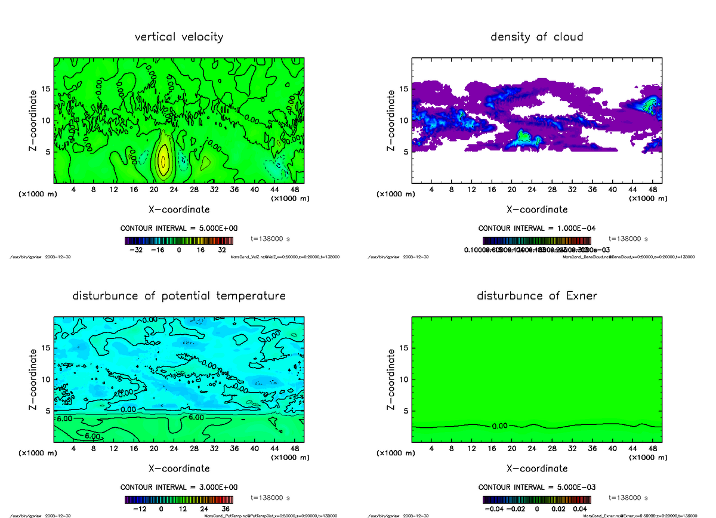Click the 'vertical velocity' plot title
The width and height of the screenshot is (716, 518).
tap(179, 37)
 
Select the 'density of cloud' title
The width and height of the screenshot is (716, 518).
tap(536, 37)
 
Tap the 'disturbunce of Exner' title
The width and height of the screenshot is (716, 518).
tap(536, 296)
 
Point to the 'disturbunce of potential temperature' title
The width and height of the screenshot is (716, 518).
tap(179, 296)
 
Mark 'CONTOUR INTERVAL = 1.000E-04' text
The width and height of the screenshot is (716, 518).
tap(536, 229)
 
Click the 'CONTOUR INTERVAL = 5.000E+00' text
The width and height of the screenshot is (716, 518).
tap(179, 229)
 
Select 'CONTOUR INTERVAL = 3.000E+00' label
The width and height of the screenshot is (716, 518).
tap(179, 487)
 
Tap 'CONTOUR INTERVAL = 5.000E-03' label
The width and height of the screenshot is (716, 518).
tap(536, 487)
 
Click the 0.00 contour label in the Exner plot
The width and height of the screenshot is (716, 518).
tap(499, 426)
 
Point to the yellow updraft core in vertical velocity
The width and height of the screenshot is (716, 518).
tap(162, 161)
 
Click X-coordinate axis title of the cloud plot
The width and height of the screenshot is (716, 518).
tap(537, 209)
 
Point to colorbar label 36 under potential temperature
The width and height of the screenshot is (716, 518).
tap(226, 509)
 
